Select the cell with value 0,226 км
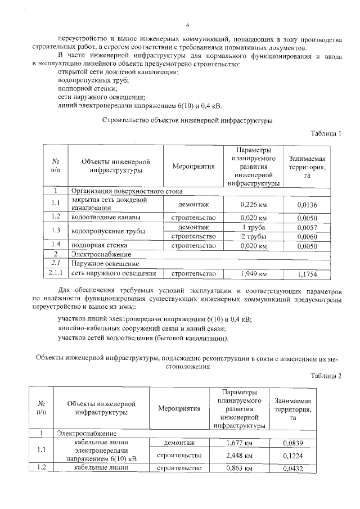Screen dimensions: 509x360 click(x=253, y=205)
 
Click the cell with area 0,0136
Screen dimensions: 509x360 click(x=307, y=205)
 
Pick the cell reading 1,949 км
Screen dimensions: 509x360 click(x=253, y=274)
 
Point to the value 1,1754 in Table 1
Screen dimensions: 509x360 click(x=307, y=274)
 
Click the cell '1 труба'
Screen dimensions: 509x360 click(x=253, y=227)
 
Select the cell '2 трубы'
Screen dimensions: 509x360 click(x=253, y=236)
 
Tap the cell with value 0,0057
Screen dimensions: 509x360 click(x=307, y=227)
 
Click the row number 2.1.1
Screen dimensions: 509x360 click(x=56, y=274)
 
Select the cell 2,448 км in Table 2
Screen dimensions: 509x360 click(x=238, y=455)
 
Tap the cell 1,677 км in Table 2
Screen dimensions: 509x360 click(x=238, y=443)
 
